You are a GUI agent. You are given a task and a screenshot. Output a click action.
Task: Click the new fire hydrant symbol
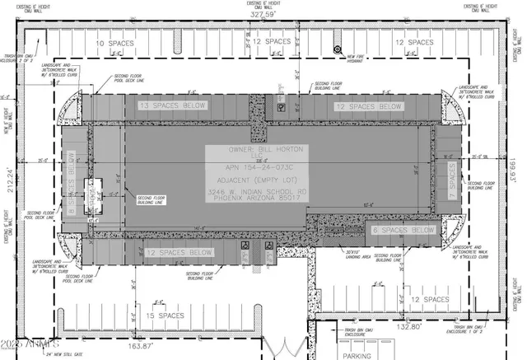[x=337, y=49]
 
